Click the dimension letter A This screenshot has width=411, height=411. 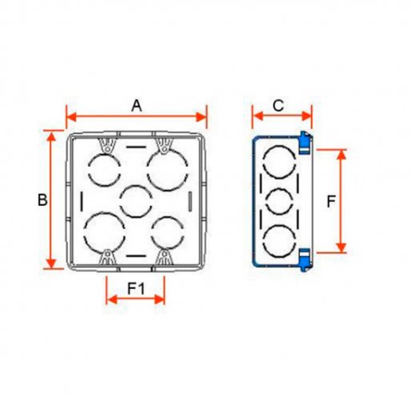(136, 106)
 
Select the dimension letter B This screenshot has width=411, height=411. (42, 200)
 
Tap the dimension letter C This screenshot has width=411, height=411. (279, 105)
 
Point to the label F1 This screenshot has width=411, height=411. (136, 288)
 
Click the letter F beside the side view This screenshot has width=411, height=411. (331, 201)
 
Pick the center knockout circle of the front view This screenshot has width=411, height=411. (136, 201)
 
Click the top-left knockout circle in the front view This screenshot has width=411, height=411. (105, 170)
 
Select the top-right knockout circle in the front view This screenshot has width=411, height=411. (168, 170)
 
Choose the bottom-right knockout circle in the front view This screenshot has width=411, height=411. (168, 233)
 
